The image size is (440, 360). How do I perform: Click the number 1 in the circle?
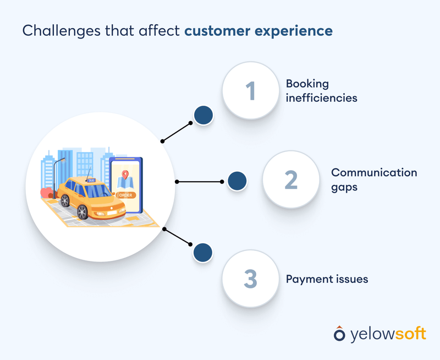(x=250, y=90)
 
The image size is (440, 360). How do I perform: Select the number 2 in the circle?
(x=291, y=179)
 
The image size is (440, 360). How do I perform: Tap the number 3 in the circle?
(x=250, y=279)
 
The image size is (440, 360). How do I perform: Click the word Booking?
(x=307, y=84)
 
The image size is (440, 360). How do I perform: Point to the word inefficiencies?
(x=321, y=99)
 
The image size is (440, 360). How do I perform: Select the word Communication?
(x=374, y=172)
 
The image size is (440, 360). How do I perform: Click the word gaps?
(x=344, y=187)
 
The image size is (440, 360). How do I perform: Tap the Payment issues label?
(x=327, y=279)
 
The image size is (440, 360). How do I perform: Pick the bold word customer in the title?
(x=220, y=31)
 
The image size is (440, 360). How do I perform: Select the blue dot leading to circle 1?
(x=204, y=114)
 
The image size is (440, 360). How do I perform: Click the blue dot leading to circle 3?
(x=204, y=253)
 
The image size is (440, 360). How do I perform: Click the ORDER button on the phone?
(x=125, y=194)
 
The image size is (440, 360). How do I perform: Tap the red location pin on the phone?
(x=125, y=176)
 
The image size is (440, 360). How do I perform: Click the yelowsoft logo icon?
(x=340, y=334)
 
